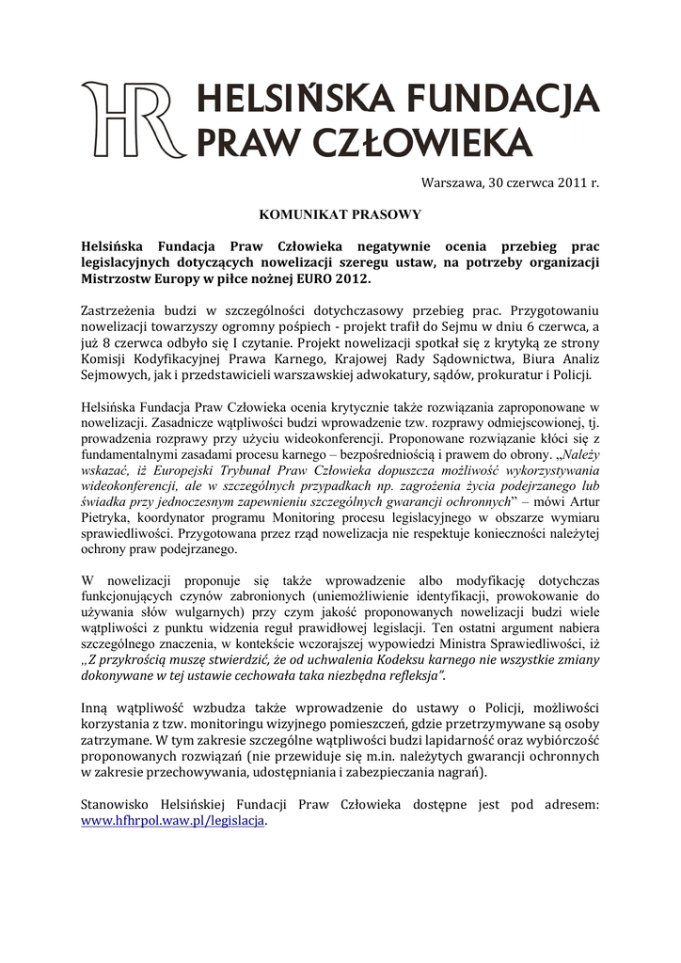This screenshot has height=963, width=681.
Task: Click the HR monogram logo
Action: (132, 120)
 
